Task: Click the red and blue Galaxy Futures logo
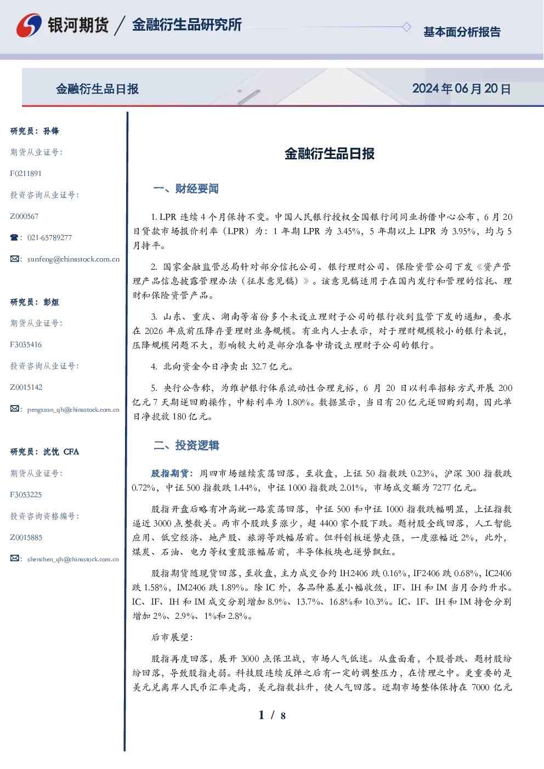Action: click(x=29, y=25)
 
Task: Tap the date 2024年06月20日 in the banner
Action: click(x=461, y=89)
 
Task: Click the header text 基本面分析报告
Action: click(x=462, y=32)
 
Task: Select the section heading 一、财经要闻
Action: click(x=186, y=189)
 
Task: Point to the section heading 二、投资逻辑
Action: click(x=186, y=445)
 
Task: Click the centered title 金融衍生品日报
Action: click(x=330, y=153)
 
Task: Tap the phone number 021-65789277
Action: click(x=49, y=237)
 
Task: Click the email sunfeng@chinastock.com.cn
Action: click(x=73, y=259)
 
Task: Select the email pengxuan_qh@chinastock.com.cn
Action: click(x=73, y=409)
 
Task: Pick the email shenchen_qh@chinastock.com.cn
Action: click(x=73, y=559)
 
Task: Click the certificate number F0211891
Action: click(x=26, y=173)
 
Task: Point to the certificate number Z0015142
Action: click(x=26, y=388)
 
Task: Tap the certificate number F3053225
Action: click(x=26, y=495)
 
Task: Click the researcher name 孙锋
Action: click(x=51, y=131)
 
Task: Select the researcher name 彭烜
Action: click(x=51, y=302)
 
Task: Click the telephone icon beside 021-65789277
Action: click(x=14, y=237)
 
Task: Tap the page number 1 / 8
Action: click(x=272, y=715)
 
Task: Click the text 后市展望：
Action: click(x=172, y=637)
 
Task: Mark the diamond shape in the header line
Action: click(x=406, y=27)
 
